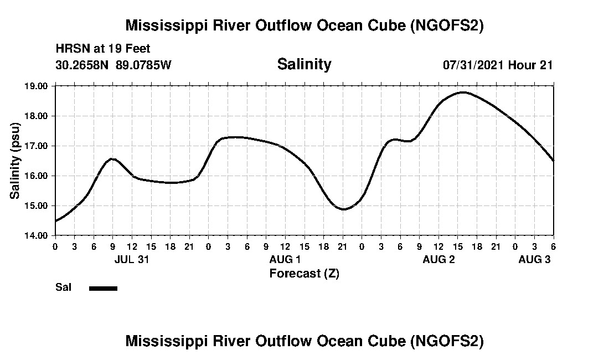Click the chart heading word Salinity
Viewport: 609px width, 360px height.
(304, 64)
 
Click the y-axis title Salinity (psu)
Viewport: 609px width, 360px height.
(15, 161)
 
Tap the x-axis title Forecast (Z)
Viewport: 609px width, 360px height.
(304, 273)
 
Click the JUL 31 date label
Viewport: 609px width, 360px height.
(132, 260)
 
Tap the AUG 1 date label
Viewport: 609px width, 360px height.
(285, 260)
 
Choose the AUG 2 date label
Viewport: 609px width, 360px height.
(438, 260)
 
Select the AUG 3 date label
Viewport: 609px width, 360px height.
(534, 260)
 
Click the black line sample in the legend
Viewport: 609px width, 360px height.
(103, 288)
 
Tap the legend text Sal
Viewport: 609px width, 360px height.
(62, 287)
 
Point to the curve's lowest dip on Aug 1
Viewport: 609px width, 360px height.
(343, 209)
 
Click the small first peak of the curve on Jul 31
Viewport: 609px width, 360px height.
(112, 159)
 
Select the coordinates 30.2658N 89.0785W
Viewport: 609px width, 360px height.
(113, 65)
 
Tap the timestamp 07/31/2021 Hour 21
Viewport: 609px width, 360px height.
(498, 65)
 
